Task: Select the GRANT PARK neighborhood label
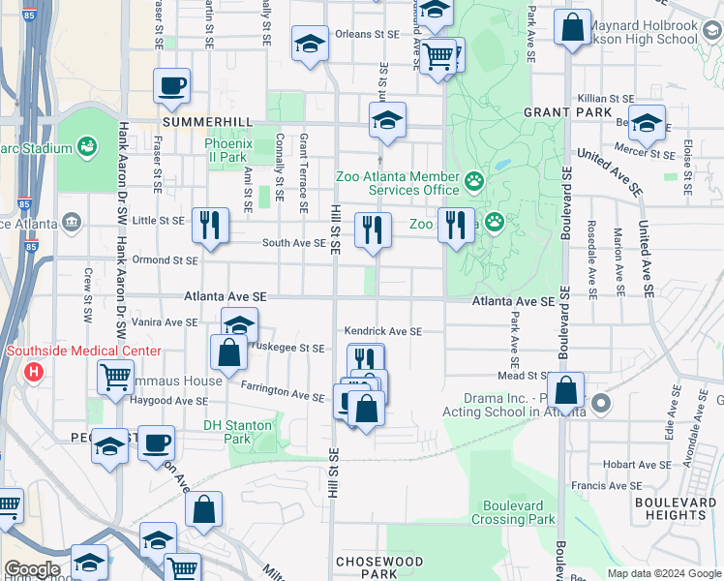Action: tap(558, 112)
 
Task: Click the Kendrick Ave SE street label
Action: tap(384, 331)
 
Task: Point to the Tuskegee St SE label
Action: tap(288, 348)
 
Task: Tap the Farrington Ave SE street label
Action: tap(283, 396)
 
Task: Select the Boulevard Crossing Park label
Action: tap(513, 512)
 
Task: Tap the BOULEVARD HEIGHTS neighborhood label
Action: tap(676, 509)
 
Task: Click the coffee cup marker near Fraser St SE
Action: tap(171, 86)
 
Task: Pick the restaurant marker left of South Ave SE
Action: tap(210, 227)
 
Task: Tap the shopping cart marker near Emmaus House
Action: tap(116, 377)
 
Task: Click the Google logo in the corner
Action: tap(31, 569)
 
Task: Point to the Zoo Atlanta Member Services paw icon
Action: tap(473, 181)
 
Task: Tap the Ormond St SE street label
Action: tap(165, 260)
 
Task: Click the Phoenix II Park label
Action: tap(227, 150)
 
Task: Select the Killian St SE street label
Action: tap(605, 99)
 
